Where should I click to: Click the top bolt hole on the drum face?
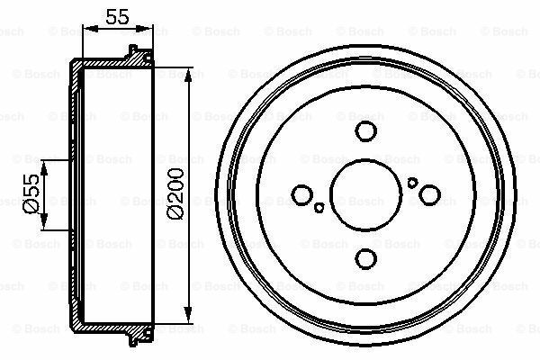(x=365, y=131)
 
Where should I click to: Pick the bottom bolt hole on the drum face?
(x=365, y=259)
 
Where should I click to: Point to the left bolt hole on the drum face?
(x=302, y=194)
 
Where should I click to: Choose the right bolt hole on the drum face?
(x=429, y=193)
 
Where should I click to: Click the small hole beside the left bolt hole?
(x=319, y=208)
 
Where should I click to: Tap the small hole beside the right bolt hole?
(x=412, y=182)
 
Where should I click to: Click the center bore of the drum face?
(x=365, y=195)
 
